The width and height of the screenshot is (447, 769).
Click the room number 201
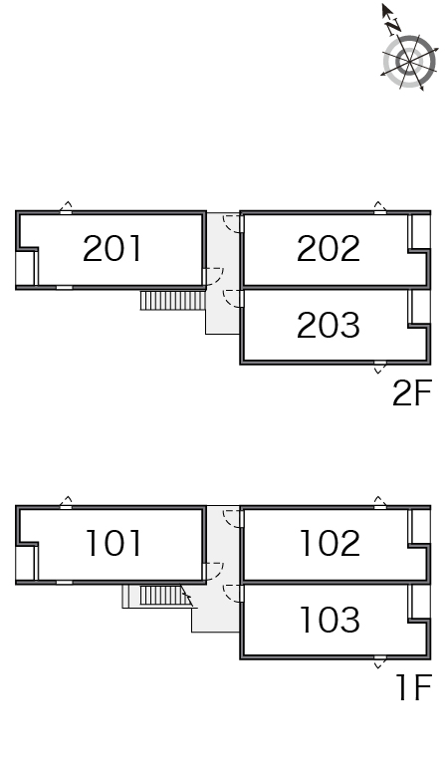coord(112,248)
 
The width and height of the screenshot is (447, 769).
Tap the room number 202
coord(329,248)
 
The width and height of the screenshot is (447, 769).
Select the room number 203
coord(329,325)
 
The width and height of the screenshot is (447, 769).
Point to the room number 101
coord(113,543)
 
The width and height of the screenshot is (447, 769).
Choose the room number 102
coord(330,543)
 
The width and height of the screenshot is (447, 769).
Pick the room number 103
coord(330,619)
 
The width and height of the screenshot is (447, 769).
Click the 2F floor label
coord(412,392)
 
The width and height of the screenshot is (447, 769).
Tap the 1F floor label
coord(414,687)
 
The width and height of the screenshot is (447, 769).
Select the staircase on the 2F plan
coord(172,301)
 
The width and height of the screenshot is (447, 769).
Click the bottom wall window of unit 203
coord(380,363)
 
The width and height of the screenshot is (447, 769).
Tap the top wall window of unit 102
coord(380,507)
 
